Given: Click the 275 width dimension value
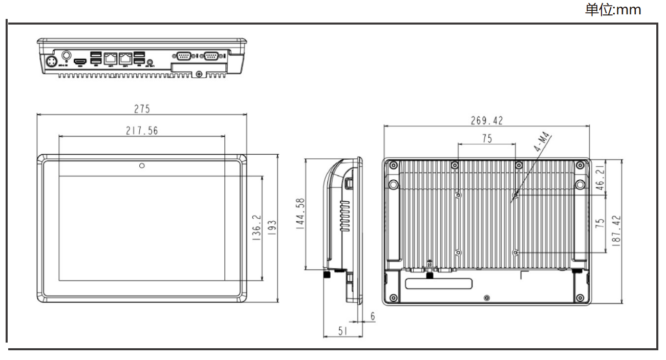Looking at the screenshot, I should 142,109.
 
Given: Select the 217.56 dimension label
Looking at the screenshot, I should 142,131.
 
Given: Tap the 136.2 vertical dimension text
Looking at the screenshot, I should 256,227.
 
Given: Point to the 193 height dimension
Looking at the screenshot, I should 272,228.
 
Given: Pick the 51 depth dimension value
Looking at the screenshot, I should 342,331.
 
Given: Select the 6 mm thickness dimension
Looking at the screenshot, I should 372,316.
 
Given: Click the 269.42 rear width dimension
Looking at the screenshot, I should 486,120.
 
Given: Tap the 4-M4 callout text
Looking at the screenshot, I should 542,142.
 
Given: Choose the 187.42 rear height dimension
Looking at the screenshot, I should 616,230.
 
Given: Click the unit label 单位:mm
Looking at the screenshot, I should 613,9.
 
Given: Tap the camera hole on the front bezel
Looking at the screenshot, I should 142,165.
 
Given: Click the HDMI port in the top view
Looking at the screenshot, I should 79,62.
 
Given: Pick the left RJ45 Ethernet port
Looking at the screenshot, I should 110,58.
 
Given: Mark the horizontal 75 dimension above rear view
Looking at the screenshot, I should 486,139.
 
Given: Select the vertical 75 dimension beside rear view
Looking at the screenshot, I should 600,223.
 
